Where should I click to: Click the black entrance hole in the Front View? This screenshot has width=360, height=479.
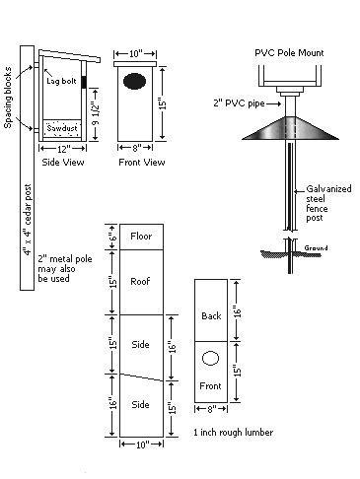pyautogui.click(x=135, y=81)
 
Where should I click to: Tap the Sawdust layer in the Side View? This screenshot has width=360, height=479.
pyautogui.click(x=62, y=129)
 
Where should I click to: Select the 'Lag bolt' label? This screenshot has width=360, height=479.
pyautogui.click(x=61, y=81)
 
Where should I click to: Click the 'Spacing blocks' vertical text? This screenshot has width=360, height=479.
pyautogui.click(x=8, y=98)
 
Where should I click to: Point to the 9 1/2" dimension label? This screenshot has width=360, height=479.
pyautogui.click(x=96, y=115)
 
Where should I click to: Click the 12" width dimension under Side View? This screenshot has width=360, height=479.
pyautogui.click(x=62, y=149)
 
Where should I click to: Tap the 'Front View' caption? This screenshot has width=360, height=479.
pyautogui.click(x=142, y=163)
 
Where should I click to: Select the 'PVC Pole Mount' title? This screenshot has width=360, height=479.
pyautogui.click(x=289, y=53)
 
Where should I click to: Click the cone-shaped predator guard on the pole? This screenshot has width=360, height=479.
pyautogui.click(x=290, y=128)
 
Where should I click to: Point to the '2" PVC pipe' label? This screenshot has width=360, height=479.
pyautogui.click(x=239, y=103)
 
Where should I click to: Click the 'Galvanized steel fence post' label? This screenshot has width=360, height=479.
pyautogui.click(x=328, y=203)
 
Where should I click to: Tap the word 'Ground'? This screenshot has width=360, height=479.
pyautogui.click(x=316, y=248)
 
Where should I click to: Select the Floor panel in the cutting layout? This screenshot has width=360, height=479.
pyautogui.click(x=141, y=237)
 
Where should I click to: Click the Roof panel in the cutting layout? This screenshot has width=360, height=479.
pyautogui.click(x=141, y=282)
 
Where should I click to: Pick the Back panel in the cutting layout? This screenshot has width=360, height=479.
pyautogui.click(x=211, y=310)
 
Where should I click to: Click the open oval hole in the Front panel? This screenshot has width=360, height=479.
pyautogui.click(x=210, y=359)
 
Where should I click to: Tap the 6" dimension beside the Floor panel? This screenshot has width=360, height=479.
pyautogui.click(x=112, y=237)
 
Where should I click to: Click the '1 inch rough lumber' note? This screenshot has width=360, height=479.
pyautogui.click(x=234, y=433)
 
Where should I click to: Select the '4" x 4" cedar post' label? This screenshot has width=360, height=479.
pyautogui.click(x=27, y=220)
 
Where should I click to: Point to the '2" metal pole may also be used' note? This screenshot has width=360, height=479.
pyautogui.click(x=65, y=269)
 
